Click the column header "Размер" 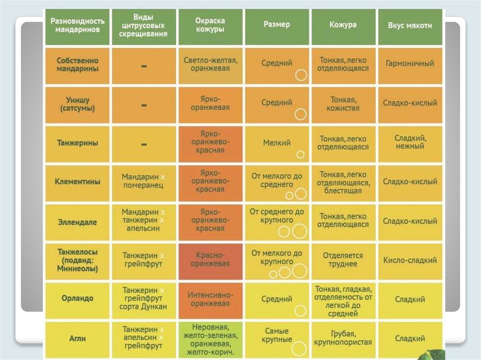tap(277, 24)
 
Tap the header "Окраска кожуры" tap(210, 25)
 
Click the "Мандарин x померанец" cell tap(143, 182)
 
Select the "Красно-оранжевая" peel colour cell tap(210, 260)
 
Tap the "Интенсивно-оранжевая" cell tap(210, 299)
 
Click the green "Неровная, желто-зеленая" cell tap(210, 338)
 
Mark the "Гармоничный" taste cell tap(410, 63)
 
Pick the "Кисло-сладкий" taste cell tap(410, 260)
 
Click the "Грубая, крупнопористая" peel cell tap(343, 338)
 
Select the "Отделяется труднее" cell tap(343, 260)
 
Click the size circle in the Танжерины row tap(301, 154)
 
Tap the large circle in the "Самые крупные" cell tap(299, 348)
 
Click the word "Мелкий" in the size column tap(277, 143)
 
